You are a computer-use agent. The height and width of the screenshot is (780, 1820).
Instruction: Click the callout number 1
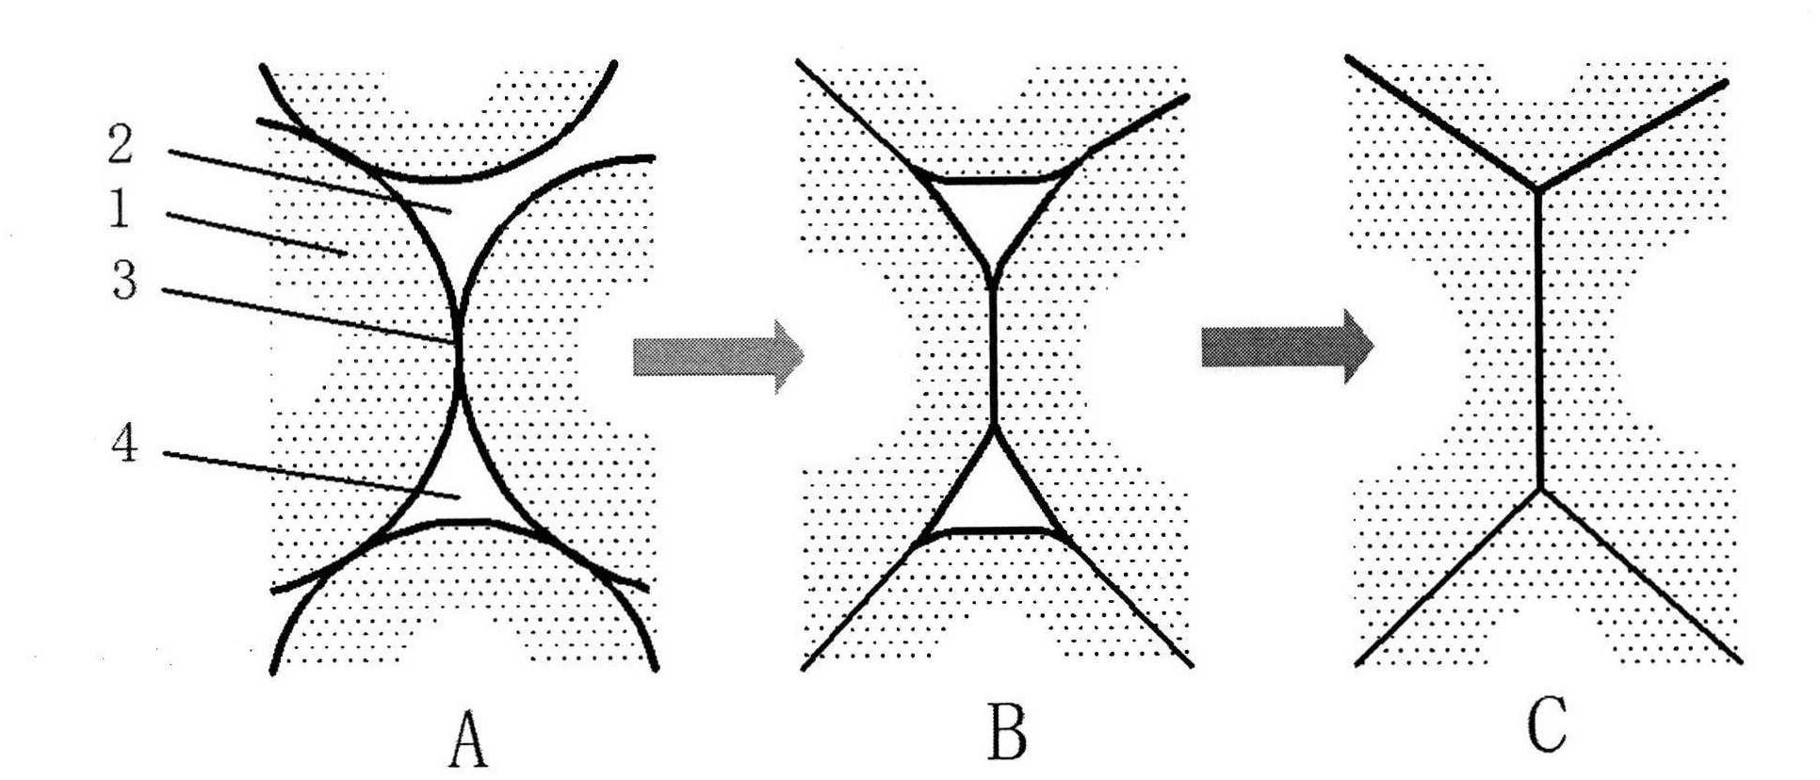[x=119, y=209]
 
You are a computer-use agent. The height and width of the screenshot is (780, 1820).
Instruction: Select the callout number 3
[x=124, y=281]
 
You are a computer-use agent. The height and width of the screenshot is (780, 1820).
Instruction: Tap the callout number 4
[x=123, y=443]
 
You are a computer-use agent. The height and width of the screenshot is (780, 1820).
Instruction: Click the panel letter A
[x=467, y=739]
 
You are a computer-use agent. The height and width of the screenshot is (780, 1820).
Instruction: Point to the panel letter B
[x=1006, y=733]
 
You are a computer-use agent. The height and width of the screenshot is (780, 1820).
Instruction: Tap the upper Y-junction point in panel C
[x=1537, y=191]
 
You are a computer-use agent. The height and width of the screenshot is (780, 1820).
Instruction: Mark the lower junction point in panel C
[x=1540, y=488]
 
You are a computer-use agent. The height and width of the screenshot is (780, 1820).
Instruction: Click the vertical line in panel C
[x=1538, y=339]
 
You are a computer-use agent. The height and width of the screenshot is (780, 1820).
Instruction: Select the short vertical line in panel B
[x=993, y=358]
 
